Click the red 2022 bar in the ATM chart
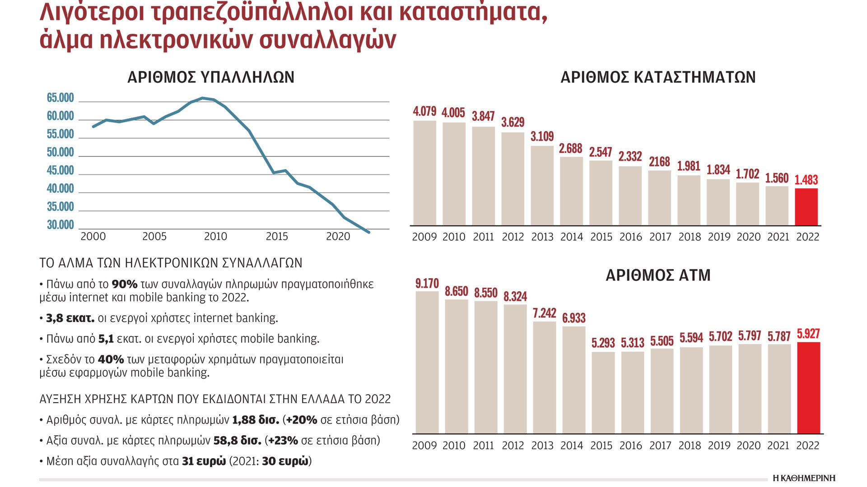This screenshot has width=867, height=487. (x=808, y=388)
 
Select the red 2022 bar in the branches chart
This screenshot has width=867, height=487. (x=806, y=207)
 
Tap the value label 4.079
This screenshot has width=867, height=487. (x=424, y=111)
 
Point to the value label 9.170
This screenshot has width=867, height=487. (x=427, y=284)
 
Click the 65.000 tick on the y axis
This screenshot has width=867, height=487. (x=60, y=98)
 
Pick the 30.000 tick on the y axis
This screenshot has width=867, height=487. (x=60, y=225)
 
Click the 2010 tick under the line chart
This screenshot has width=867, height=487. (x=215, y=236)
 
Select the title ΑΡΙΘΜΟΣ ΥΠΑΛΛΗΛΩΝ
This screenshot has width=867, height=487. (x=210, y=77)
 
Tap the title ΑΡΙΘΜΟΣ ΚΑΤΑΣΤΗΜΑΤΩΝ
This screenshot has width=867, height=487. (x=657, y=77)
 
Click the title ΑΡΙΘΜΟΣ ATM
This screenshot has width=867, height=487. (x=657, y=275)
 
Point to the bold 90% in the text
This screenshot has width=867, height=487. (x=124, y=285)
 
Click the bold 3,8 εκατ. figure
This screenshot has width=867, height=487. (x=70, y=318)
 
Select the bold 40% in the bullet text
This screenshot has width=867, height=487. (x=111, y=360)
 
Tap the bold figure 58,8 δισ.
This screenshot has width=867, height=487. (x=237, y=441)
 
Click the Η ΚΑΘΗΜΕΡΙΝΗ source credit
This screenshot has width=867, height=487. (x=804, y=478)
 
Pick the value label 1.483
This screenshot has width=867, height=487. (x=806, y=180)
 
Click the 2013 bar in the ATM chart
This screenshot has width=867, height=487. (x=544, y=377)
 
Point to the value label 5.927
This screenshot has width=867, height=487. (x=808, y=334)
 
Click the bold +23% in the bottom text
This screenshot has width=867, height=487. (x=283, y=441)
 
